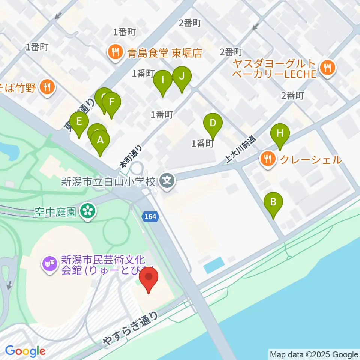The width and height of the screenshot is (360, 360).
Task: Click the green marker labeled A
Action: (100, 141)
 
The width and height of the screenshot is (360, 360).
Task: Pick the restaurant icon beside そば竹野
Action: (47, 88)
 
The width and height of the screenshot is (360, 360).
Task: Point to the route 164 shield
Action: (151, 216)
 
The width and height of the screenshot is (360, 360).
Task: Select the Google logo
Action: (25, 351)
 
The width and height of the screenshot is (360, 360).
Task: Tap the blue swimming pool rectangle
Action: (214, 265)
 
